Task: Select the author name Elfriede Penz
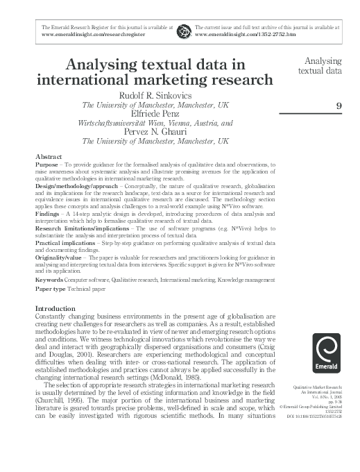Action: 155,114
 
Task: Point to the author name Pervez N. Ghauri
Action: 155,131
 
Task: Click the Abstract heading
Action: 48,157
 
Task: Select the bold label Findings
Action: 49,216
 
